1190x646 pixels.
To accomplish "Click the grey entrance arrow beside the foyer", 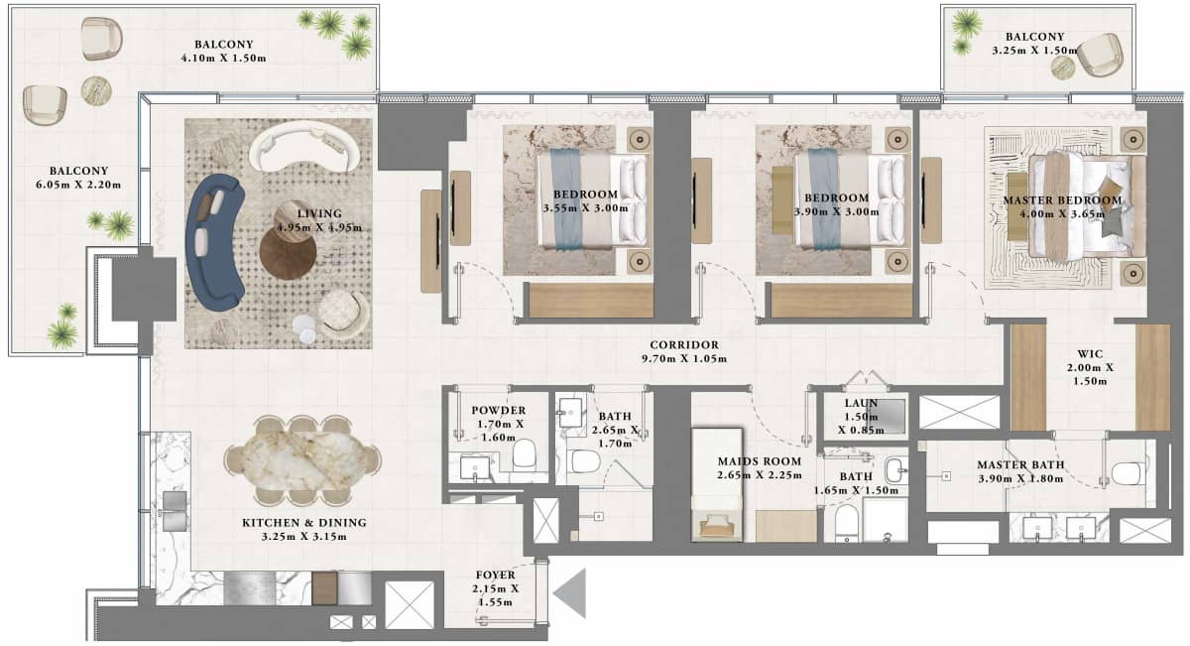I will click(x=571, y=594).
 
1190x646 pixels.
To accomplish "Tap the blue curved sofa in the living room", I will click(x=213, y=242).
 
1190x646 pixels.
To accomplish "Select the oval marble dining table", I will click(x=301, y=459).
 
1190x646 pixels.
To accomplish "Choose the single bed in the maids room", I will click(x=716, y=483).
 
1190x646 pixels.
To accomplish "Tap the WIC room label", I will click(x=1091, y=352).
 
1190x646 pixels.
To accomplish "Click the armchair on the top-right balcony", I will click(x=1100, y=54).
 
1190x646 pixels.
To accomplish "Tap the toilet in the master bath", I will click(x=1129, y=473).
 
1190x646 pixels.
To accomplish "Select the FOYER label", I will click(x=493, y=573).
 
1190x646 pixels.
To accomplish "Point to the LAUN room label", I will click(x=858, y=404).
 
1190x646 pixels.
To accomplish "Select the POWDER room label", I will click(x=498, y=411).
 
